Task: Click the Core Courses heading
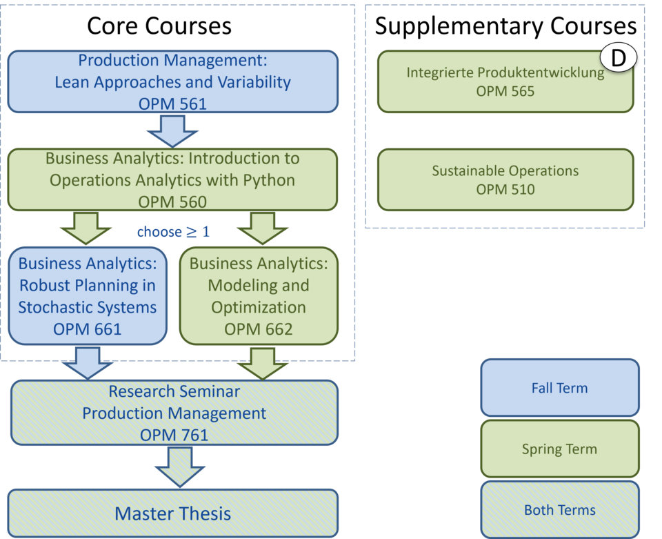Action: point(159,26)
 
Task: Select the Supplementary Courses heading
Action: point(505,26)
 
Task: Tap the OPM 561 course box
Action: point(172,81)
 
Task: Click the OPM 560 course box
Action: point(172,179)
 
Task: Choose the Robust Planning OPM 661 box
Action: point(88,296)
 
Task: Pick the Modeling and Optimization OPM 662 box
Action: point(259,296)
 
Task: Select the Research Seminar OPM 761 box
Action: point(174,413)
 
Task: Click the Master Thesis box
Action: point(172,513)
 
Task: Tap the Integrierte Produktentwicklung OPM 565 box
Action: point(505,81)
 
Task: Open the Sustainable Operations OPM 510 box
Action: point(505,179)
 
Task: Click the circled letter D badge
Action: point(619,57)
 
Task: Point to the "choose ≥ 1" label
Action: point(173,231)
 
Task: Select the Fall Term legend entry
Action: point(560,388)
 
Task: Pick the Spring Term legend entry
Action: point(560,449)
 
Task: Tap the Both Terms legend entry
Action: point(560,510)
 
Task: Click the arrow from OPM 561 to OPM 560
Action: point(172,131)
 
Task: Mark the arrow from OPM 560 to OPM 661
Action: point(86,228)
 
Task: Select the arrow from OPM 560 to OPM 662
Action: point(263,228)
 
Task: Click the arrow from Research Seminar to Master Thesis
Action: point(180,467)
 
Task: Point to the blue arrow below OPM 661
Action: point(88,363)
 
